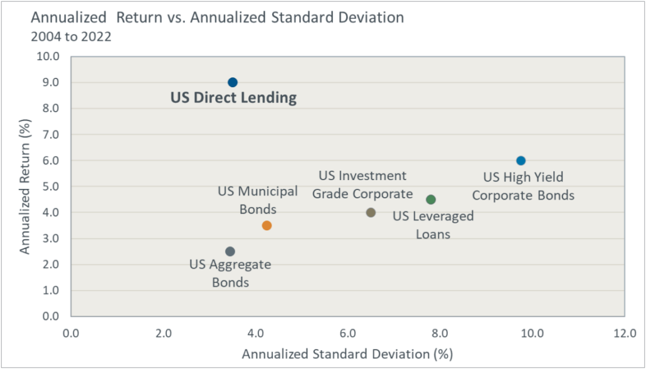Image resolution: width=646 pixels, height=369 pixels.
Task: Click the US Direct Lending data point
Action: click(232, 82)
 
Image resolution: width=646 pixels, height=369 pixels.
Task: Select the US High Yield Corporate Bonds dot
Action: click(521, 161)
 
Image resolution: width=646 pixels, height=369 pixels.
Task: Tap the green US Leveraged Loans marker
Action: click(431, 200)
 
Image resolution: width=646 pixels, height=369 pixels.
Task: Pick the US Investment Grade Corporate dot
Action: click(371, 213)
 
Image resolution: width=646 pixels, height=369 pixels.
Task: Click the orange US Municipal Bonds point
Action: click(267, 225)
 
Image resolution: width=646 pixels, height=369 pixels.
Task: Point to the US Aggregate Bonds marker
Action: click(230, 252)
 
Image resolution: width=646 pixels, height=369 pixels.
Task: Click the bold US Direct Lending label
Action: click(233, 98)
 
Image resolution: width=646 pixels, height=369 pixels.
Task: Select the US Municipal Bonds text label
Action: click(258, 200)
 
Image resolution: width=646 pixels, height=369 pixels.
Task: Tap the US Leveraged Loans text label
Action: click(433, 225)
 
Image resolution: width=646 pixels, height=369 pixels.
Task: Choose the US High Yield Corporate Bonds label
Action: click(523, 186)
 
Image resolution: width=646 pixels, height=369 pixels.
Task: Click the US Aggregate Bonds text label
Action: click(230, 274)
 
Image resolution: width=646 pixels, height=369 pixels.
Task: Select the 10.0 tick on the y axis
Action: click(49, 56)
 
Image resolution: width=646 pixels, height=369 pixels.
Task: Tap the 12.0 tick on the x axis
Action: click(625, 333)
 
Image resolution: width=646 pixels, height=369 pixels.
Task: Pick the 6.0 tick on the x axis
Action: click(347, 333)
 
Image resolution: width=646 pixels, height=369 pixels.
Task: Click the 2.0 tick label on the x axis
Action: click(163, 333)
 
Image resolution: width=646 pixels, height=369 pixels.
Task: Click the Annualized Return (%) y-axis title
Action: click(25, 186)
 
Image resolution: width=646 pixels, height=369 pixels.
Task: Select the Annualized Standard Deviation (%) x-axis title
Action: click(347, 354)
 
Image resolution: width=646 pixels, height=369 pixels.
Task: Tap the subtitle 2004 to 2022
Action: click(71, 36)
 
